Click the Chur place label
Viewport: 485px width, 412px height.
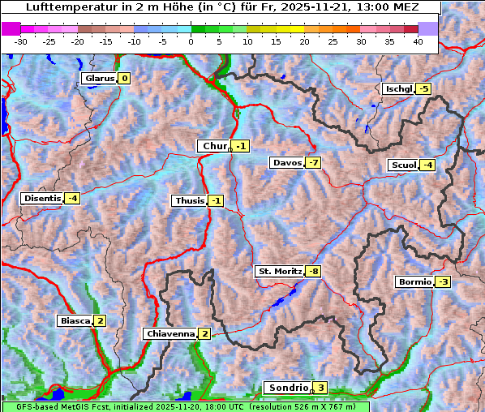(x=215, y=146)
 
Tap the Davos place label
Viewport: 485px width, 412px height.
(x=287, y=163)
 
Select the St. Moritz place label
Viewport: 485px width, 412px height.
(x=279, y=271)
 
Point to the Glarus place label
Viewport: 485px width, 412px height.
(x=99, y=79)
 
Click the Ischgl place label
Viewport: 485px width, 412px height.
(x=398, y=88)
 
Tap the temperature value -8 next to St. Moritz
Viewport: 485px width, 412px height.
(x=313, y=271)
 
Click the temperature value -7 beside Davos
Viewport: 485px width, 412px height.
(x=313, y=163)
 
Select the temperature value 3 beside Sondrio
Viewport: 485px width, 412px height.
(x=321, y=388)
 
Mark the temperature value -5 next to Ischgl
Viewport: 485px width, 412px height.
(x=423, y=88)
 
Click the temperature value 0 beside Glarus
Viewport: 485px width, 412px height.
(x=124, y=79)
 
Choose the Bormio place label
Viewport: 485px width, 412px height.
(x=414, y=282)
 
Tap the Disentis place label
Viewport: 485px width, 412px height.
(x=42, y=198)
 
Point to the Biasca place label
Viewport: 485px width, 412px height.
(x=75, y=320)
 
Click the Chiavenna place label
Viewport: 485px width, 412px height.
(x=170, y=333)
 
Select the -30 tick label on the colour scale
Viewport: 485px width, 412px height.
(x=21, y=41)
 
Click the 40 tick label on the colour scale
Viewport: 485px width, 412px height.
(x=418, y=41)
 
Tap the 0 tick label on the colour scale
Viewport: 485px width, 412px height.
(x=191, y=41)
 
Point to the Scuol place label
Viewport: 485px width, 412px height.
(x=403, y=165)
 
